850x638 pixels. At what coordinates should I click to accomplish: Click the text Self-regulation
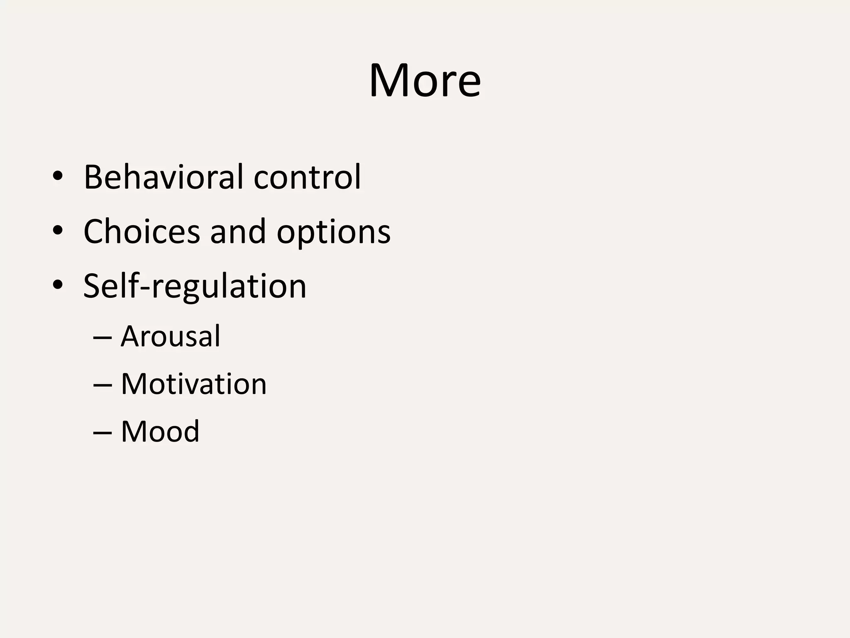(195, 286)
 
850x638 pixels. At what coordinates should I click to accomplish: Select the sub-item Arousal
(171, 336)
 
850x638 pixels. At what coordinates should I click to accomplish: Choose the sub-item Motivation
(194, 384)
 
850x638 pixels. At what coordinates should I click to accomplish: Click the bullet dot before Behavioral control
(58, 177)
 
